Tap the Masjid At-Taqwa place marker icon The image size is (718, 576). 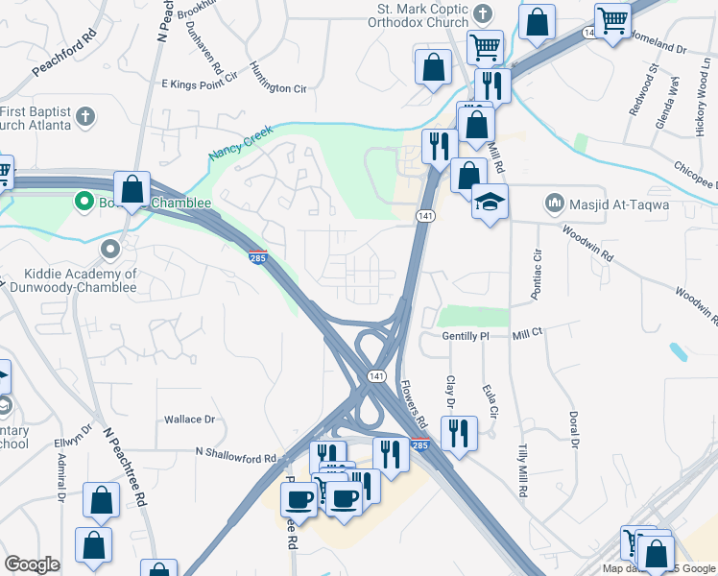tap(553, 203)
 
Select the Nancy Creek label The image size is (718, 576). tap(242, 141)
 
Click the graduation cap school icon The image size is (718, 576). tap(490, 202)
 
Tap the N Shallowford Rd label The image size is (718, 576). tap(236, 451)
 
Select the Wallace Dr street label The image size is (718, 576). tap(189, 420)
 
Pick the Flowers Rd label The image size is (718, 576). tap(414, 404)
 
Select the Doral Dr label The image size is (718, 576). tap(574, 430)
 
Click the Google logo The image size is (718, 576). tap(33, 564)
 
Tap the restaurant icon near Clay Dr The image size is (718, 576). tap(459, 432)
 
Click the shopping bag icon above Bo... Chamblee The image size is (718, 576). tap(132, 188)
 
